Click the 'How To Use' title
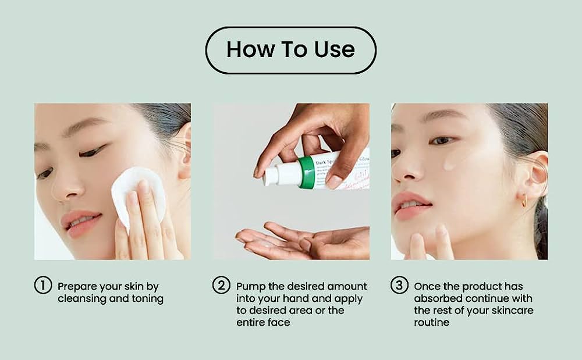point(290,49)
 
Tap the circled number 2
point(221,286)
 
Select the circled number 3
point(399,286)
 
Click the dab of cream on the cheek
point(449,165)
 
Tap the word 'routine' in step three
point(431,322)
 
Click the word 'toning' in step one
point(148,299)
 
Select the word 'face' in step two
point(281,322)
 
